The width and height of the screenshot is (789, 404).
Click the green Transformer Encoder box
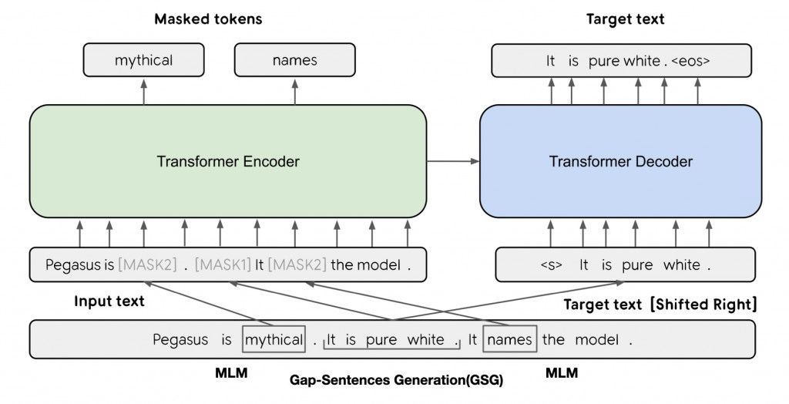point(227,162)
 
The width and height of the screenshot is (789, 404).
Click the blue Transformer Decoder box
point(620,162)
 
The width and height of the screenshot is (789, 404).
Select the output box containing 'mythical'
point(143,59)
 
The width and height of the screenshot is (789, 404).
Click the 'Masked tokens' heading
point(208,19)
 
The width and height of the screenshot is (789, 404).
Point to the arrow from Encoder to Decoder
point(453,161)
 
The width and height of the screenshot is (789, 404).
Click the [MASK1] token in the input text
point(223,265)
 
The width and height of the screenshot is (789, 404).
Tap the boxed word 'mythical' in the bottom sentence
point(274,339)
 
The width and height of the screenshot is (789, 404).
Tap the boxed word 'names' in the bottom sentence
point(509,339)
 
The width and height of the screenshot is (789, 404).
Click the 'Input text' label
point(109,301)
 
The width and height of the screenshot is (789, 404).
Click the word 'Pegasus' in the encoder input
point(72,265)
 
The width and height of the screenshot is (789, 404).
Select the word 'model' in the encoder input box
point(380,265)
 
